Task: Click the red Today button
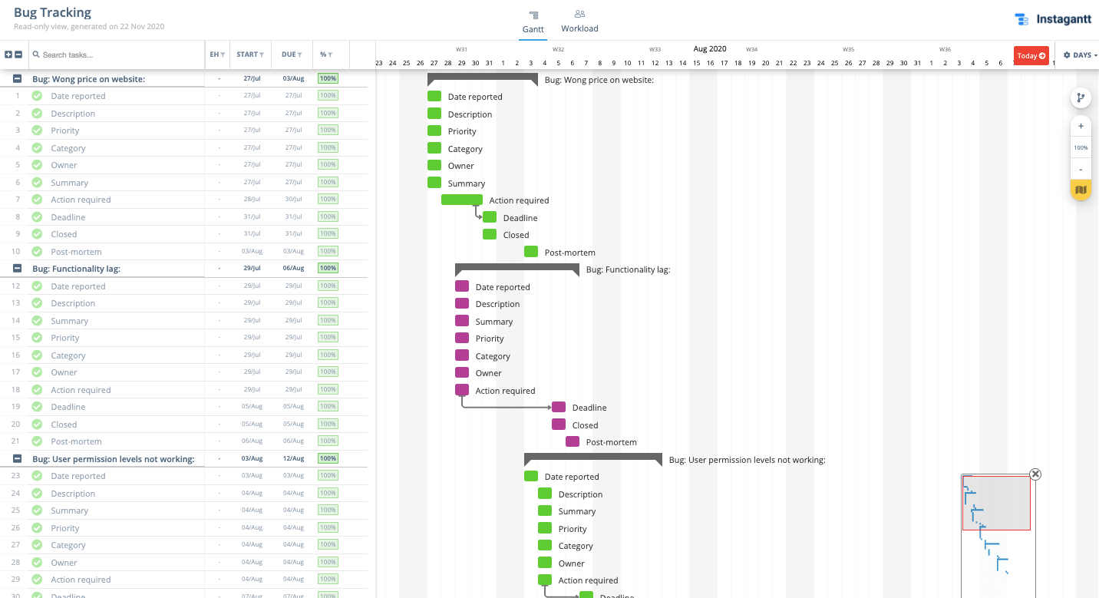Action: pyautogui.click(x=1031, y=55)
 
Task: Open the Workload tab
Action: pyautogui.click(x=579, y=21)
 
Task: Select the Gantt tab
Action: pyautogui.click(x=533, y=21)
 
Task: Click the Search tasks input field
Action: pyautogui.click(x=115, y=55)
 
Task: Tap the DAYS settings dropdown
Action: pyautogui.click(x=1080, y=55)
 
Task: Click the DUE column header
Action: pyautogui.click(x=292, y=55)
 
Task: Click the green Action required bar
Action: pyautogui.click(x=461, y=200)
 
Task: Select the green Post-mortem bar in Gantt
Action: pyautogui.click(x=531, y=252)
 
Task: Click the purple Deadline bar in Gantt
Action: pyautogui.click(x=559, y=407)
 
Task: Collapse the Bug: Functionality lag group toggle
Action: pyautogui.click(x=17, y=269)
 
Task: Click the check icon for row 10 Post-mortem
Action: pyautogui.click(x=37, y=251)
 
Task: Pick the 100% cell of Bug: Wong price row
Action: pyautogui.click(x=328, y=78)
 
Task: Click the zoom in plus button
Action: pyautogui.click(x=1081, y=126)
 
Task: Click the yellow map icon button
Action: pyautogui.click(x=1081, y=190)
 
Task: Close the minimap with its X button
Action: pyautogui.click(x=1035, y=474)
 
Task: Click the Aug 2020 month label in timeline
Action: pyautogui.click(x=709, y=48)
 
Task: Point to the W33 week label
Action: pyautogui.click(x=655, y=49)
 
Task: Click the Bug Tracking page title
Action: pyautogui.click(x=52, y=12)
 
